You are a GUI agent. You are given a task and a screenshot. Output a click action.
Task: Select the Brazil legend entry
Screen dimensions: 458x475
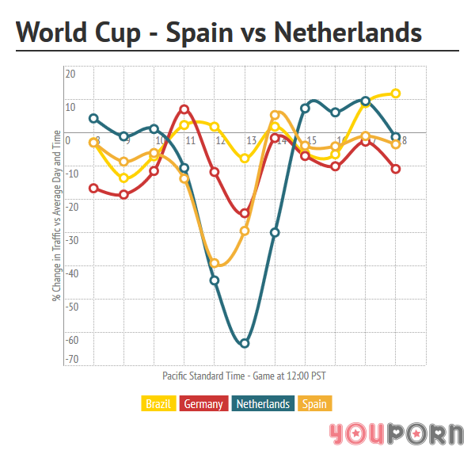pos(158,404)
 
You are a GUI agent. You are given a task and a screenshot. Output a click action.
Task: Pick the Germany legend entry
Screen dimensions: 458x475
pos(203,404)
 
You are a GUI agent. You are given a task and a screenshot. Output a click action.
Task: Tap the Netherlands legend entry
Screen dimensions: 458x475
pos(263,404)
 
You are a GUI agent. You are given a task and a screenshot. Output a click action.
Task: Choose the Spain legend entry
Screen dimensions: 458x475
pos(314,404)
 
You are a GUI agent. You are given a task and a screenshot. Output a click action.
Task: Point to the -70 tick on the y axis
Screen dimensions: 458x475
pos(70,360)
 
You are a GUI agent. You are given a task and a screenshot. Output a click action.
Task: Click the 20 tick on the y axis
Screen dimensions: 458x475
pos(70,74)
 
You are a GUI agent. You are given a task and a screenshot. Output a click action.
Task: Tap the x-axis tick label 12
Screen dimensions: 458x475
pos(219,141)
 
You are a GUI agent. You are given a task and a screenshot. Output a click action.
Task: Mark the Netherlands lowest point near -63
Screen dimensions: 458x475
pos(245,343)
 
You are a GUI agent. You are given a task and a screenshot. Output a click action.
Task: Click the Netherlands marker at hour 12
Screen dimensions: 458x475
pos(215,280)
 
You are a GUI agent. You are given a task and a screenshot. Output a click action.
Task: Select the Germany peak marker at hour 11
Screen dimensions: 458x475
pos(184,109)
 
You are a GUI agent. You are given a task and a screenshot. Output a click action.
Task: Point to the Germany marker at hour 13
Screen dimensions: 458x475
pos(245,213)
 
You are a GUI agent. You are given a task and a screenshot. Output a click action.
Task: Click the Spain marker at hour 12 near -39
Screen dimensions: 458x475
pos(215,263)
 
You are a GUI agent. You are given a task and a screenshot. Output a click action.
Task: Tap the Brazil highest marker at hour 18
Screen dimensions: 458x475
pos(396,94)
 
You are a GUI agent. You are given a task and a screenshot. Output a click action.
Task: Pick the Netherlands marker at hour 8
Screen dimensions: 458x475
pos(93,118)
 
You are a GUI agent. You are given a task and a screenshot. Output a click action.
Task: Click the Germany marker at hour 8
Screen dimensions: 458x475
pos(93,188)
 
